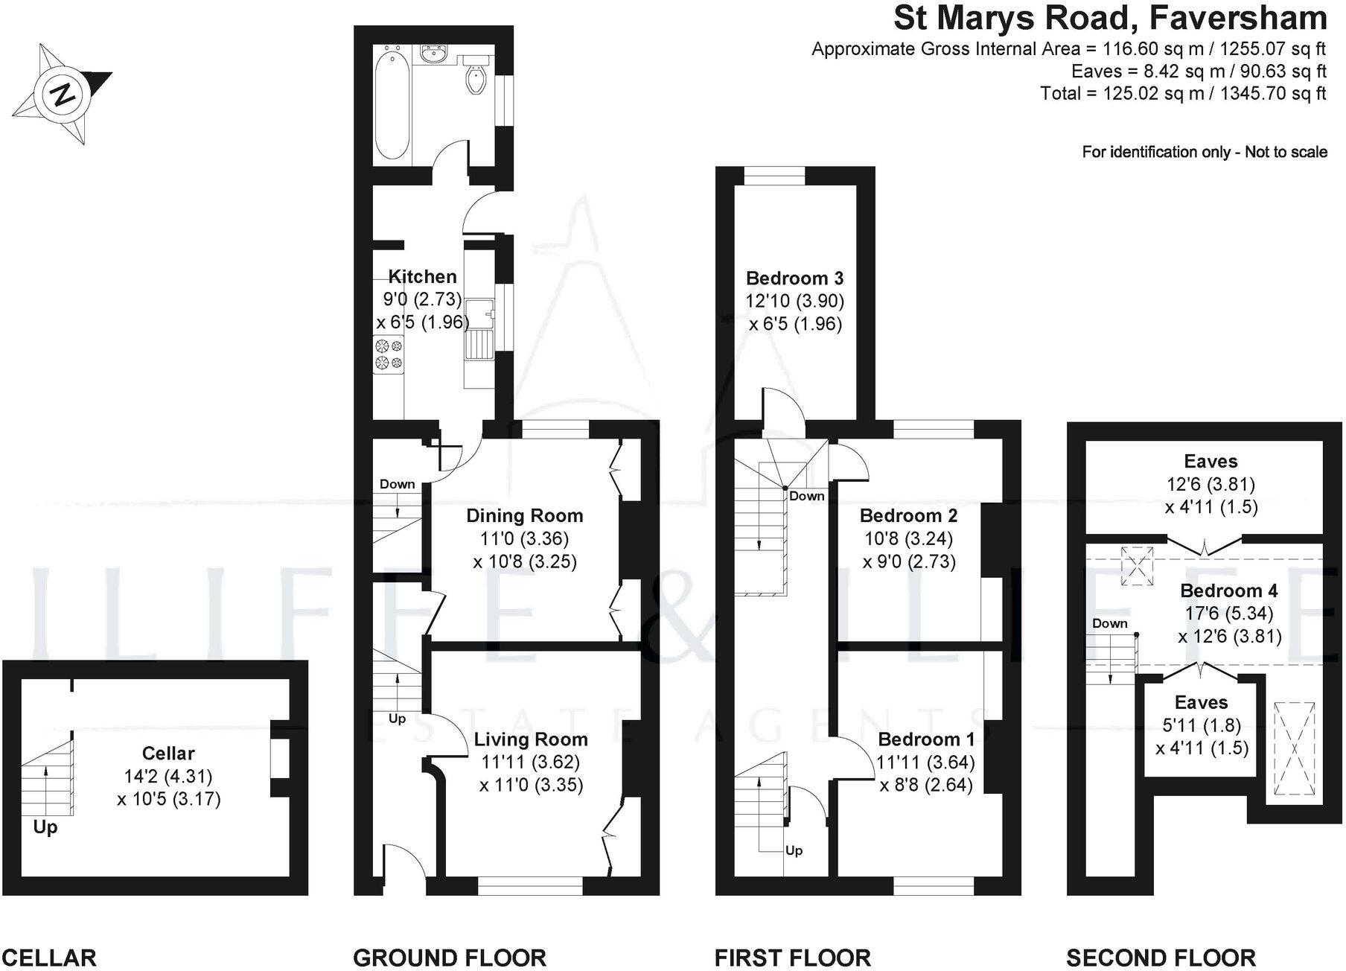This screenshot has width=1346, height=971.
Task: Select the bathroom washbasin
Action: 433,54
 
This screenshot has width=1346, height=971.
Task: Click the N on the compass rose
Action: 63,95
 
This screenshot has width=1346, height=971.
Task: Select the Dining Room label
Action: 524,515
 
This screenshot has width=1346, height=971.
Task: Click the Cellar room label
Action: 168,753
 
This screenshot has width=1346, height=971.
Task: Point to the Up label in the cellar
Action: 45,827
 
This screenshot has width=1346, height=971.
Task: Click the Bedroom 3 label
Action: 794,278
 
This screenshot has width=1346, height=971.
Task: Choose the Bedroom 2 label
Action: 908,515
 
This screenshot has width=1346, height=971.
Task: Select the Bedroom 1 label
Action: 925,739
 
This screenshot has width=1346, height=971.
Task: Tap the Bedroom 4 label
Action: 1228,590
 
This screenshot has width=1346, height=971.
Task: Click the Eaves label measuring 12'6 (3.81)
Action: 1211,462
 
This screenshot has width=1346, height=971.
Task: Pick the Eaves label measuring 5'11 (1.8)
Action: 1201,702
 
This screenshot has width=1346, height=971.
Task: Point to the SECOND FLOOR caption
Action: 1161,957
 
